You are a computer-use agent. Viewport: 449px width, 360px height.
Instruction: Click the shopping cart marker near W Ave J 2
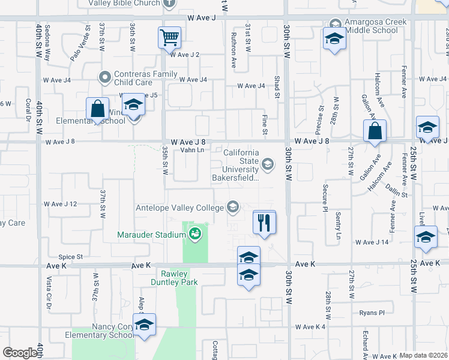click(169, 38)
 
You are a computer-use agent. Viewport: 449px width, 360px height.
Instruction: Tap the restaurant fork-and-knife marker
click(264, 223)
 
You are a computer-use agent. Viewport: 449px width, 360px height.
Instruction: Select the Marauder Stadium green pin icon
click(194, 233)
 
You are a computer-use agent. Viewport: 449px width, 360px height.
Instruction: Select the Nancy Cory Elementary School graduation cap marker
click(144, 325)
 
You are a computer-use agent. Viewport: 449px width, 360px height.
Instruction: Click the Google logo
click(20, 353)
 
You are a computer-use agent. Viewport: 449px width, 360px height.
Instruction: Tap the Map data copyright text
click(423, 355)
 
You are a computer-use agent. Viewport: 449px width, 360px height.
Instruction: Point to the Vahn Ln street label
click(196, 150)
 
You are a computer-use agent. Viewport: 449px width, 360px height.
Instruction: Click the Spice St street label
click(70, 257)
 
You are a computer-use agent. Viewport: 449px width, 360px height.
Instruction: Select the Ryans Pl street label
click(372, 313)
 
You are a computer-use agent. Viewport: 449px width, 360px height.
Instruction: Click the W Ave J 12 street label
click(61, 205)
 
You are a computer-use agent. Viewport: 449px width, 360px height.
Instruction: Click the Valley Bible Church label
click(125, 3)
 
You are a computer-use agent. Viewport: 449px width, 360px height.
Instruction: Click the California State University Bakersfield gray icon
click(268, 163)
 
